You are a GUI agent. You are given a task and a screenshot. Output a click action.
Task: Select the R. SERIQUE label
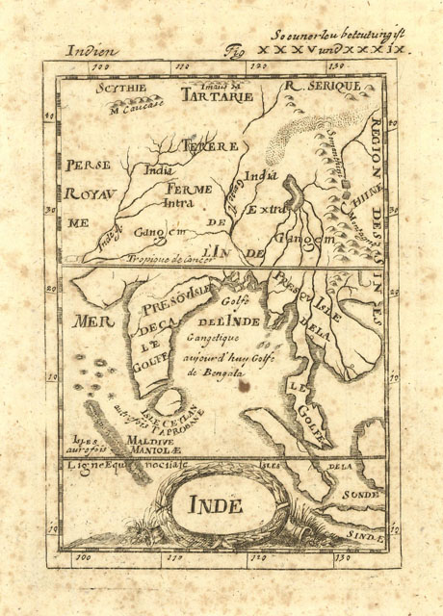pos(320,88)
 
